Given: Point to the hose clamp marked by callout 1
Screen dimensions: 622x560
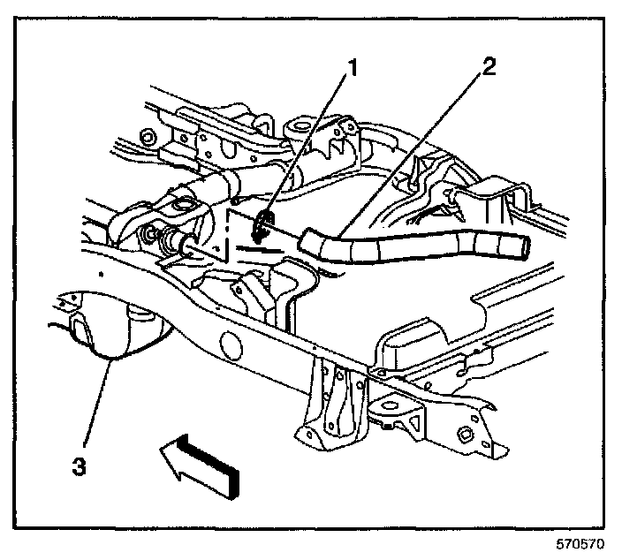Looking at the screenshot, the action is [262, 225].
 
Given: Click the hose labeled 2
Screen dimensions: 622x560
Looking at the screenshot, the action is [406, 248].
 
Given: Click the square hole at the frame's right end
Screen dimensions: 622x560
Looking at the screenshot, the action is [464, 433].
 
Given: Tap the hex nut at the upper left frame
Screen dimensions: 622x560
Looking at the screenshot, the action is [148, 139].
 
